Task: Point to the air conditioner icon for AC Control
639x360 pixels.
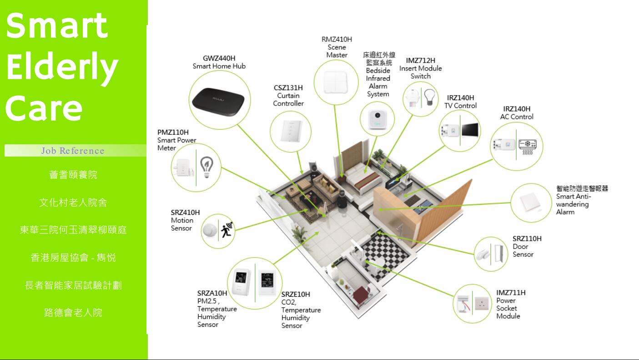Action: click(x=528, y=146)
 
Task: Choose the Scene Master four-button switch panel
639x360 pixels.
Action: click(x=336, y=83)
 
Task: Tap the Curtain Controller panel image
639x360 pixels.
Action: click(x=291, y=132)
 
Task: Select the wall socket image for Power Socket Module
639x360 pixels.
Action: click(x=481, y=304)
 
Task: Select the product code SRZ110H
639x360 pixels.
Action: click(x=527, y=238)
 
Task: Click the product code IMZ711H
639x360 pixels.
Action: click(x=511, y=293)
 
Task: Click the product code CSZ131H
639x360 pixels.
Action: click(x=288, y=88)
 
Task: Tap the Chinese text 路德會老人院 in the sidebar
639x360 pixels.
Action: click(x=73, y=313)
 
